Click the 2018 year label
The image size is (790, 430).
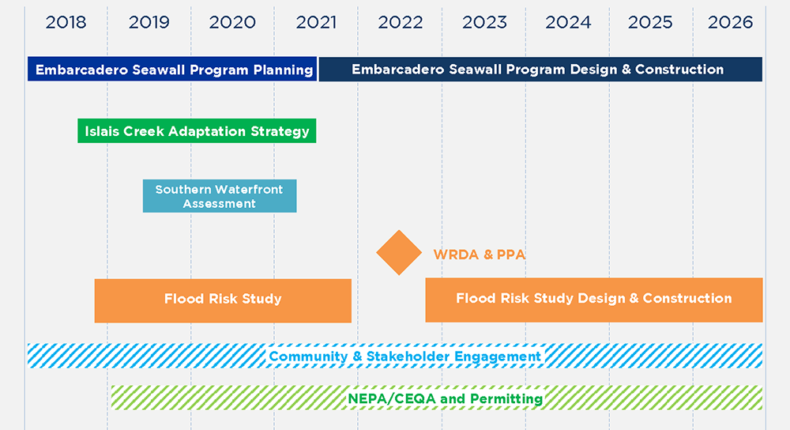66,23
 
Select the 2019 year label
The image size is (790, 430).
149,23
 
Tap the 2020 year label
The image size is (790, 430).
232,23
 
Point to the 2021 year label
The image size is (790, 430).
316,23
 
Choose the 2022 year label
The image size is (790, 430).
400,23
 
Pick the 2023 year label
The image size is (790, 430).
484,23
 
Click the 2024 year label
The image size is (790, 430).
568,23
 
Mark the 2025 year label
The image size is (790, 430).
650,23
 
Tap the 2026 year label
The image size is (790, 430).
730,23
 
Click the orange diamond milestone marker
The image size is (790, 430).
399,253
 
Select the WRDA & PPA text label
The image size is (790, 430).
480,255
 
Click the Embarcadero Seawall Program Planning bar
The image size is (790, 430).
172,69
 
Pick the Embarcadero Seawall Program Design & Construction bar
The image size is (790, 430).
540,69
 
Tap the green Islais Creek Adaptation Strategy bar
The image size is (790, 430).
197,131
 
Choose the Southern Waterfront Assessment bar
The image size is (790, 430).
220,196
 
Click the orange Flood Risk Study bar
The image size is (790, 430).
223,300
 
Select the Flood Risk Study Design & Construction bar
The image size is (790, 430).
594,300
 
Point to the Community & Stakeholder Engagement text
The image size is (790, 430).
404,356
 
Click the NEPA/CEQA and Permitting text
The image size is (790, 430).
446,398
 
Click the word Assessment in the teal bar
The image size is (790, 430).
219,204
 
